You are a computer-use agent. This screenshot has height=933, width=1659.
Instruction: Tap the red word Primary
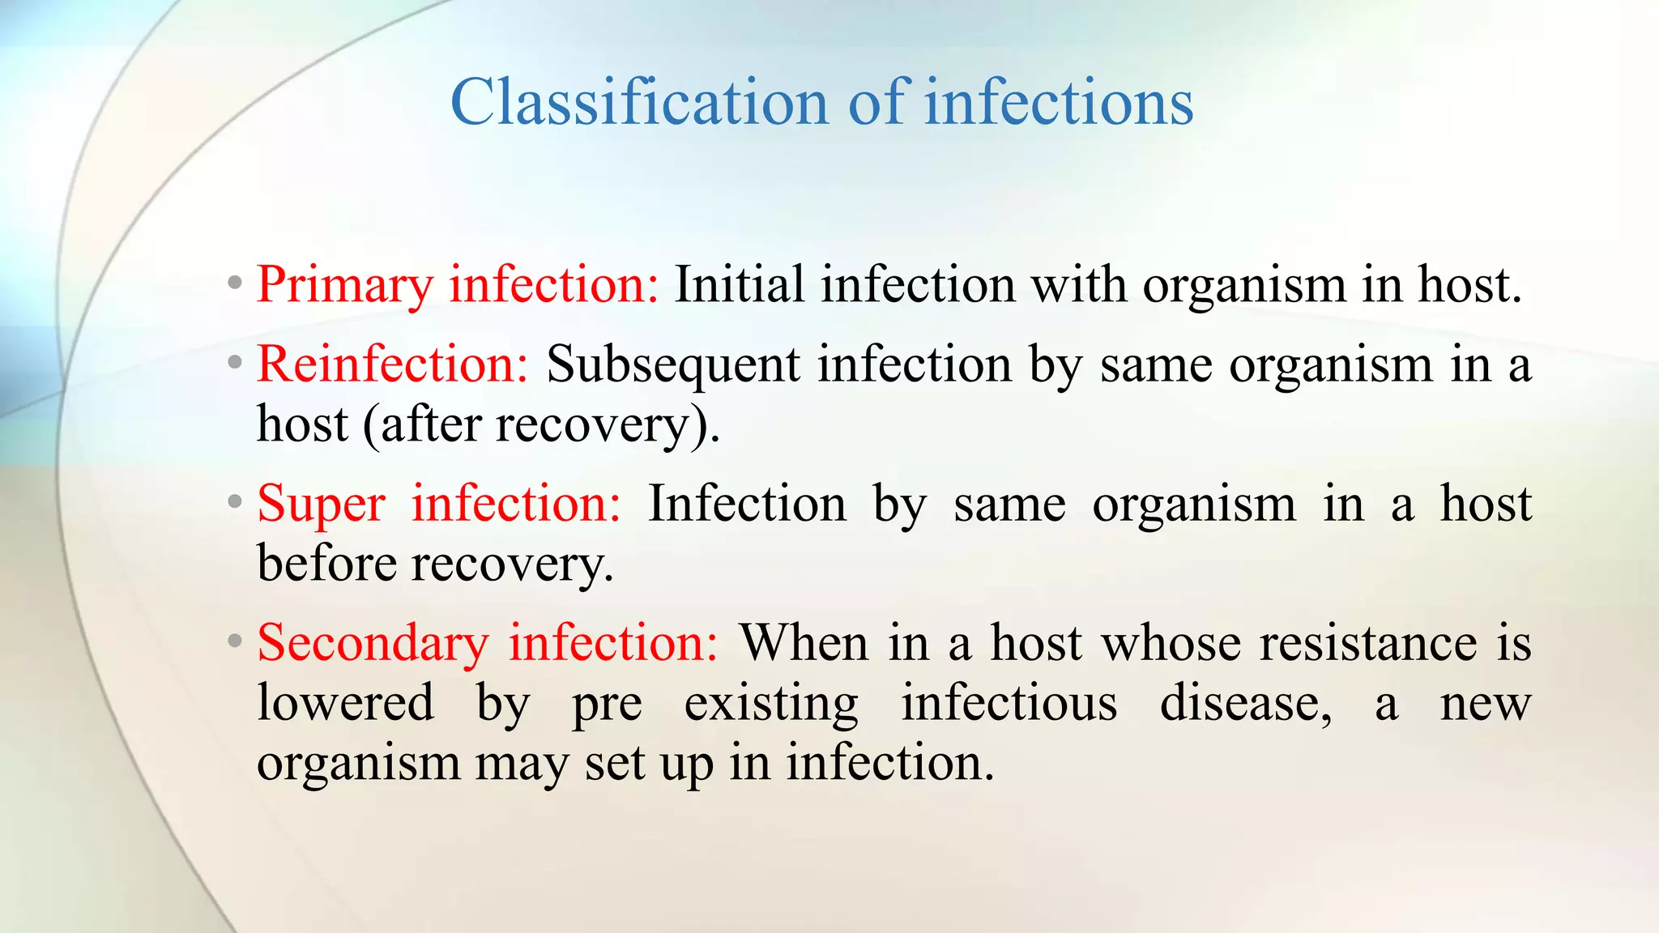(344, 287)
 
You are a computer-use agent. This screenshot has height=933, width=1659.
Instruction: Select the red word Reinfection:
(393, 364)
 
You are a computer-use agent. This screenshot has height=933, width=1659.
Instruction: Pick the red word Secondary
(373, 644)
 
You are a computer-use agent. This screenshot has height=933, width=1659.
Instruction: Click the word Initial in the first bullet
(739, 285)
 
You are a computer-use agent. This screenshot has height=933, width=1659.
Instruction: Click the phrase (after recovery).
(541, 426)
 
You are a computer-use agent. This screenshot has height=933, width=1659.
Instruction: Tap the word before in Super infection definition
(326, 564)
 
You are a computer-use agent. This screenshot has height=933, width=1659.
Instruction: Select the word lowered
(345, 703)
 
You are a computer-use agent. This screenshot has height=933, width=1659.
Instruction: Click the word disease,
(1245, 703)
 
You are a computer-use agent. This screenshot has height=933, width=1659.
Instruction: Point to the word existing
(770, 703)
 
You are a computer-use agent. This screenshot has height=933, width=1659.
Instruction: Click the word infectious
(1009, 703)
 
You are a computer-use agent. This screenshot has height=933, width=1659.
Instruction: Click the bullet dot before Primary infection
(235, 284)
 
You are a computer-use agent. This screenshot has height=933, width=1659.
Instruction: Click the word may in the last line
(521, 764)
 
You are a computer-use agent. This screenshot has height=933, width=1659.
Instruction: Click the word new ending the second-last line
(1485, 703)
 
